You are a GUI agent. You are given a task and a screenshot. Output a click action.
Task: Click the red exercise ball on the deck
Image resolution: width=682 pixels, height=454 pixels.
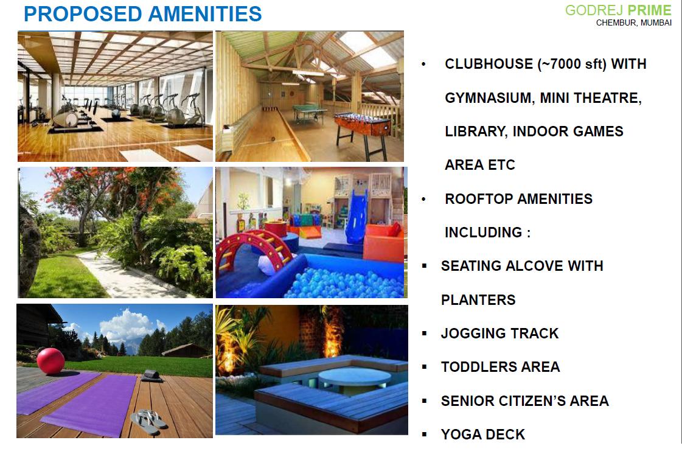point(50,361)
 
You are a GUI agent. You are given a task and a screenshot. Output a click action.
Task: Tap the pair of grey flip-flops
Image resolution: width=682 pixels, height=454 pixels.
point(149,421)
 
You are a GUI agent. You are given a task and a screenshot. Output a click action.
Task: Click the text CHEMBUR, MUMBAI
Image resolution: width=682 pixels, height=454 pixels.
point(634,23)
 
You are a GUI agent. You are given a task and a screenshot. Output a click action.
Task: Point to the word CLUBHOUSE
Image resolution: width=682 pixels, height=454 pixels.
point(489,64)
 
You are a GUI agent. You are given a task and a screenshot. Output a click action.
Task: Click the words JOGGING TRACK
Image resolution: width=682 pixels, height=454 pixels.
point(499,334)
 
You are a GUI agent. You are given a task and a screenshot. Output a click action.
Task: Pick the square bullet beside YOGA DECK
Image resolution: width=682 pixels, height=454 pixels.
point(425,434)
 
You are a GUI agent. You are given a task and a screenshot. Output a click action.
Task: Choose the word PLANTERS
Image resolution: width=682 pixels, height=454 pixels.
point(478,300)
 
